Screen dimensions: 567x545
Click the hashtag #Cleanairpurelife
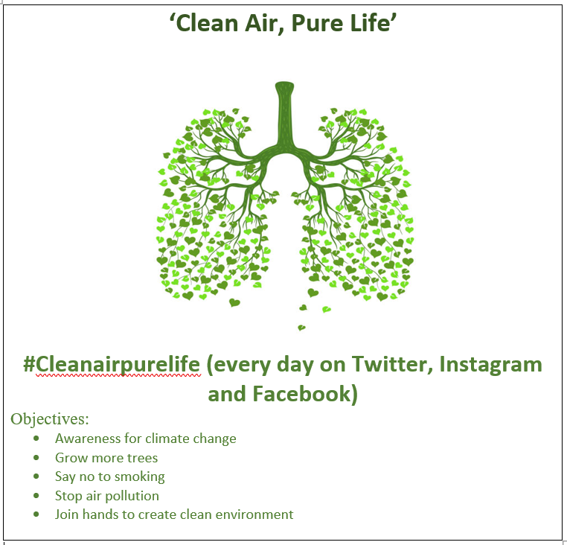pos(112,364)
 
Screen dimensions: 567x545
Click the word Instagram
pos(491,365)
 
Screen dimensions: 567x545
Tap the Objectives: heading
pos(50,419)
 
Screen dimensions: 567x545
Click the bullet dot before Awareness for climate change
pos(36,439)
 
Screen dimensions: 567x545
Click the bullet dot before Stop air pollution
pos(36,496)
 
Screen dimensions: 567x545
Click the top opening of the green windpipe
pos(284,86)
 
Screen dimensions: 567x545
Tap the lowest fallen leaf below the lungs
pos(301,328)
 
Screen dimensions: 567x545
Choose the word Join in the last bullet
pos(67,514)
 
